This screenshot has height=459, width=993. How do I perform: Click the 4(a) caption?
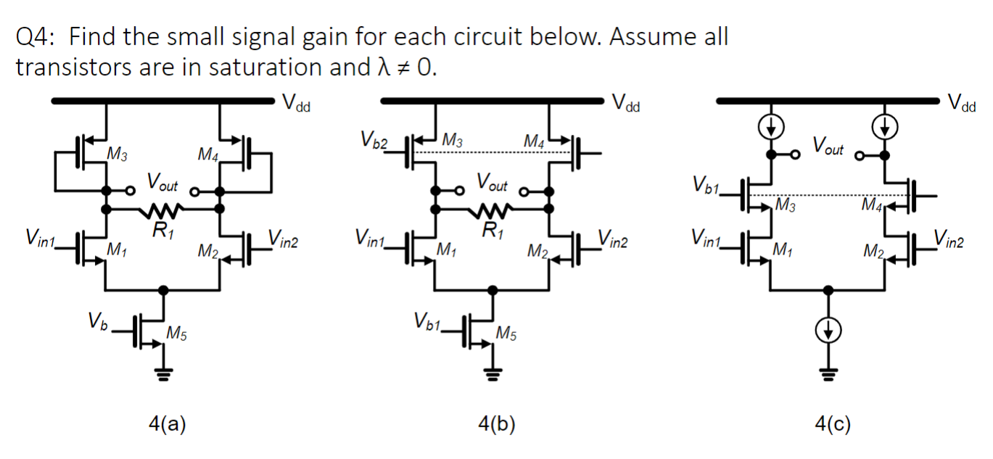coord(168,423)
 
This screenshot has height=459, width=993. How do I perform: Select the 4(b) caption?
coord(497,423)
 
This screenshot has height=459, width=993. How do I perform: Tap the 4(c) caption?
coord(832,423)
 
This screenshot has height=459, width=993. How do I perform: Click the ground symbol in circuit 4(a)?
coord(164,376)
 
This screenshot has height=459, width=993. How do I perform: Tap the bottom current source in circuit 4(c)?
coord(827,331)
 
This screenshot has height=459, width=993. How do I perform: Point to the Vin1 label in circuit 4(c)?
coord(709,237)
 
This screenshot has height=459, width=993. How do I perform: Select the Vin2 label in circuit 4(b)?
coord(615,237)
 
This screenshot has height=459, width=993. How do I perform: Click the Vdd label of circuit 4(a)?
coord(295,103)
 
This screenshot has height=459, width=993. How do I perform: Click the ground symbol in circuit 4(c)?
coord(827,375)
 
